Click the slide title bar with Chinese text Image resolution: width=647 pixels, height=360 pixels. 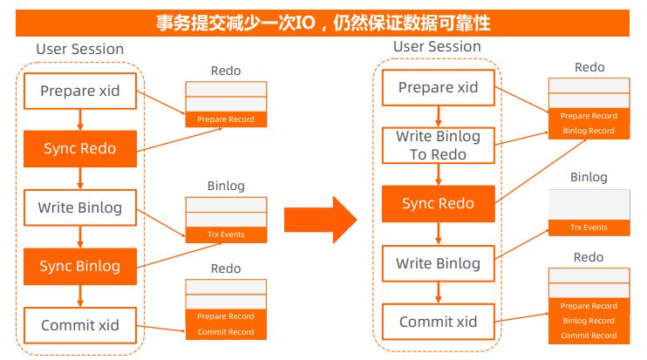pyautogui.click(x=323, y=22)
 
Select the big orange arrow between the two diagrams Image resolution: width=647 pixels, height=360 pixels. pyautogui.click(x=320, y=219)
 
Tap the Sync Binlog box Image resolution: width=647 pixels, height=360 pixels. pyautogui.click(x=79, y=266)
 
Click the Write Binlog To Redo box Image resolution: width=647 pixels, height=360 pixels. pyautogui.click(x=438, y=146)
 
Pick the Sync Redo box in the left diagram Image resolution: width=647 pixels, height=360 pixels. pyautogui.click(x=79, y=148)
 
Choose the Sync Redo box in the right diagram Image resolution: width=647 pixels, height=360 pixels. pyautogui.click(x=438, y=204)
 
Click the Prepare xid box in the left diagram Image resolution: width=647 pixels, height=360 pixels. pyautogui.click(x=79, y=90)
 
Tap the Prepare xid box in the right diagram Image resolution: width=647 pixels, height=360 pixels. pyautogui.click(x=438, y=87)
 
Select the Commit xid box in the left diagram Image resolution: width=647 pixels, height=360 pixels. pyautogui.click(x=79, y=325)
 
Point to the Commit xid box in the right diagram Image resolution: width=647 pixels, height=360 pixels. pyautogui.click(x=438, y=322)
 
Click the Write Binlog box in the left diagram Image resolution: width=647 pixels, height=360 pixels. pyautogui.click(x=79, y=207)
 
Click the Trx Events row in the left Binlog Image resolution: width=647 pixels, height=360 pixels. pyautogui.click(x=225, y=234)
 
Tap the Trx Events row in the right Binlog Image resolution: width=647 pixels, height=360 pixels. pyautogui.click(x=589, y=228)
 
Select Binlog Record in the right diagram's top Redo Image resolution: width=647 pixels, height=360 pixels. pyautogui.click(x=589, y=131)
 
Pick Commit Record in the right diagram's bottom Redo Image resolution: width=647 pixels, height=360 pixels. pyautogui.click(x=589, y=336)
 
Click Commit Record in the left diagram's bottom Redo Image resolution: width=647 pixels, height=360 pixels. pyautogui.click(x=225, y=332)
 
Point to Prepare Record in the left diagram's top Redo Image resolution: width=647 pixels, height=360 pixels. pyautogui.click(x=225, y=119)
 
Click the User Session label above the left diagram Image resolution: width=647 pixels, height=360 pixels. pyautogui.click(x=79, y=49)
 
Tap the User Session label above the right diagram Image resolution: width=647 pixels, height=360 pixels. pyautogui.click(x=437, y=46)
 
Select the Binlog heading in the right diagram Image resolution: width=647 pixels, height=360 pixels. pyautogui.click(x=589, y=177)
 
